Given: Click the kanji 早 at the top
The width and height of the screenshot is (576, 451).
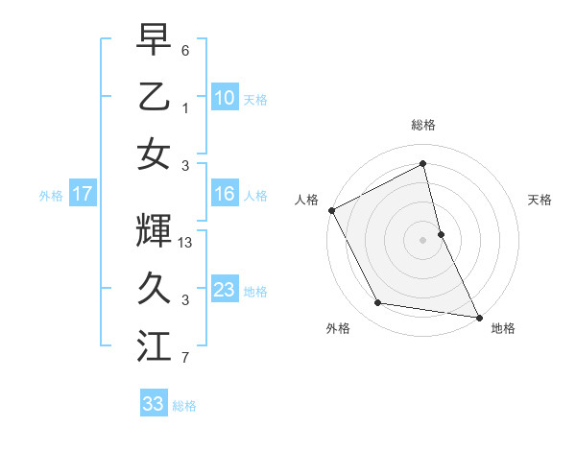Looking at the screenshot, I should point(154,39).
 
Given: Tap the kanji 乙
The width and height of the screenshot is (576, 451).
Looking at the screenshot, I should point(154,96).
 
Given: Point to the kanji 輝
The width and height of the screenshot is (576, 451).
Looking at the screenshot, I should point(154,230).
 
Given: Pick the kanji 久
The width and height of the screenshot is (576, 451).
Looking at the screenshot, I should point(154,288).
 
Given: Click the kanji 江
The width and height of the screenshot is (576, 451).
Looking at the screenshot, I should point(154,345).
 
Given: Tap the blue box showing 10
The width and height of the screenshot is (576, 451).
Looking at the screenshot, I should point(224,97).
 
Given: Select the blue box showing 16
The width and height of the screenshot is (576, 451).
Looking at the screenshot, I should point(224,194).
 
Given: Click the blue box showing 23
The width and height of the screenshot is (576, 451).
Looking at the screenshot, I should point(224,290).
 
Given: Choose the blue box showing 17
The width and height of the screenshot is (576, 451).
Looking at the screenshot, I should point(83,194).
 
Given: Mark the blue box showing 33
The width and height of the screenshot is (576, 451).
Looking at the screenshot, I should point(154,404).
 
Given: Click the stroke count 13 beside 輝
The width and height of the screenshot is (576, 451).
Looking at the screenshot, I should point(186,244).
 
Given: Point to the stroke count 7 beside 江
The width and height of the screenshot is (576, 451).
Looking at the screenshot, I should point(186,359).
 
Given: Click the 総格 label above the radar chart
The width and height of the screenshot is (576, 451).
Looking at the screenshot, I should point(422,125).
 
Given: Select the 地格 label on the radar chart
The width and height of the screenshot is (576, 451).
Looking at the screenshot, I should point(503,328).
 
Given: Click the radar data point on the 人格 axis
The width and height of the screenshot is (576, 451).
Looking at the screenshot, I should point(331,210).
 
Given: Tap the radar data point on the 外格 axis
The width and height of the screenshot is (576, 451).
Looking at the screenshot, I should point(378,303).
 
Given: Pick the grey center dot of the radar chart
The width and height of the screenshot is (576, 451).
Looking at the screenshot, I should point(422,240).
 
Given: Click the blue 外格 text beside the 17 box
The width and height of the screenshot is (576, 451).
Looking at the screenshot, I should point(51,195).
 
